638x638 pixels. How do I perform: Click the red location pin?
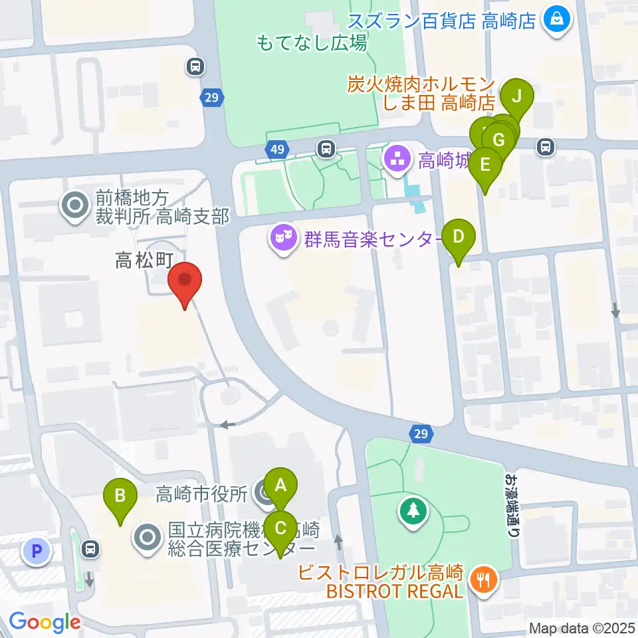(185, 282)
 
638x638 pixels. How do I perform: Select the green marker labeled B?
(120, 496)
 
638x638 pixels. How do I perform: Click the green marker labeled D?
(458, 237)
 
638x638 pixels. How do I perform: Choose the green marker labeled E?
(485, 164)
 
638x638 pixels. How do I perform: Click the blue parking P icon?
(37, 550)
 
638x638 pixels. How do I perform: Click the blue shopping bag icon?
(554, 20)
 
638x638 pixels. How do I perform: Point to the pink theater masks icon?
(283, 238)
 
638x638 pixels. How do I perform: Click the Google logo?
(45, 622)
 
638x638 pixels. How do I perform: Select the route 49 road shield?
(276, 150)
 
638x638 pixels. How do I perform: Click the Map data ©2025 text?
(582, 628)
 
